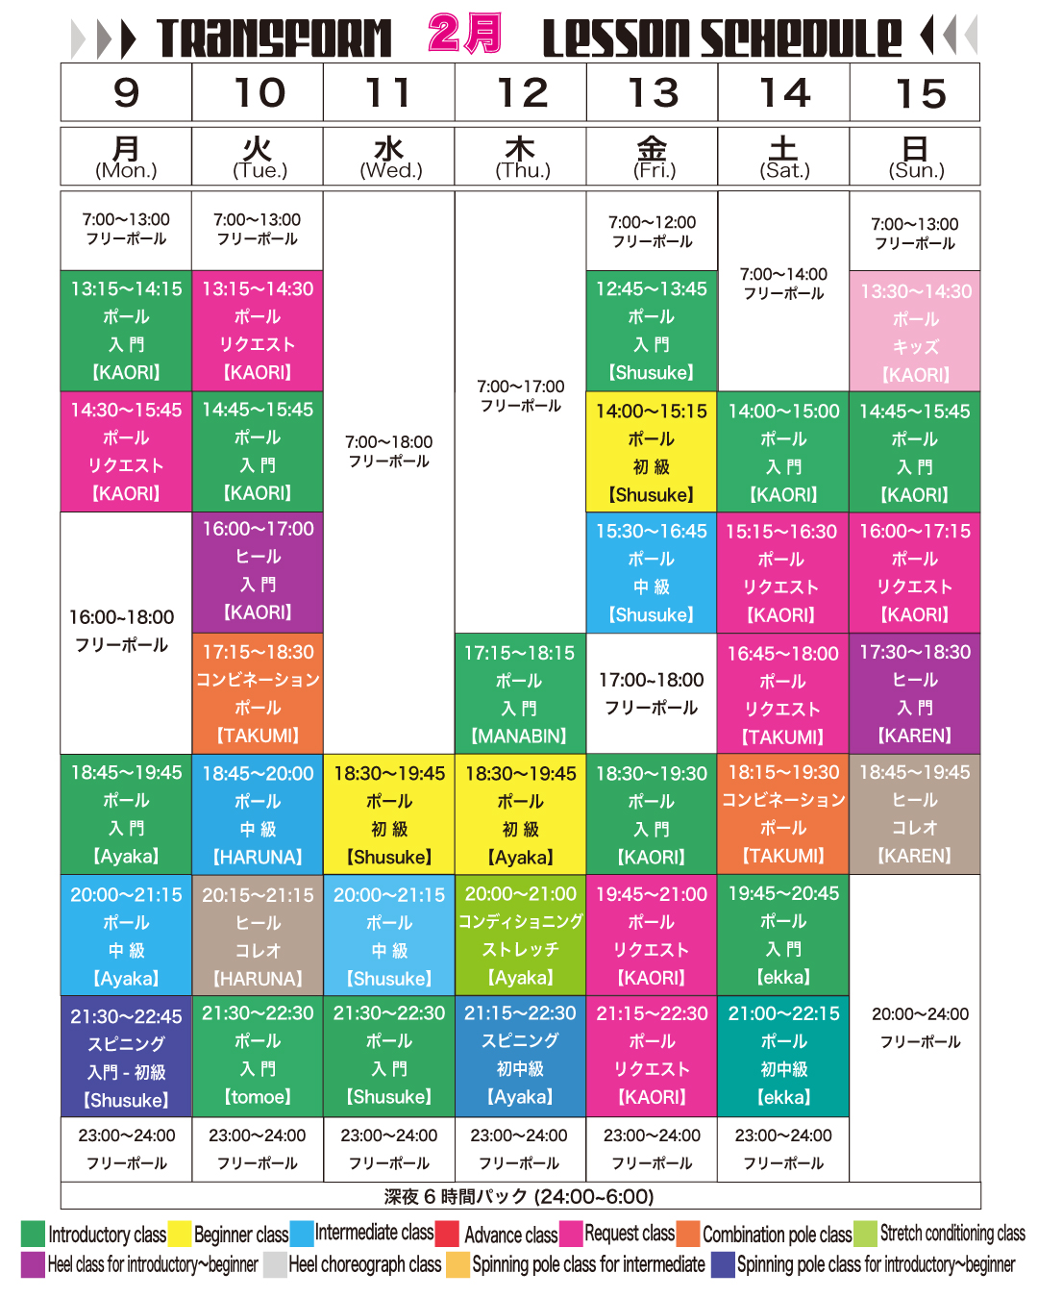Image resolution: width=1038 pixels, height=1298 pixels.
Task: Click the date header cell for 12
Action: tap(520, 93)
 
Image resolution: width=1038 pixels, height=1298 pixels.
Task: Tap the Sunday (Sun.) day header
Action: tap(915, 157)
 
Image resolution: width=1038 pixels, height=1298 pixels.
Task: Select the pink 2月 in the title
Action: tap(465, 34)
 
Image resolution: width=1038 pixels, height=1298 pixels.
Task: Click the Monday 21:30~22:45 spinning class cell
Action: tap(126, 1057)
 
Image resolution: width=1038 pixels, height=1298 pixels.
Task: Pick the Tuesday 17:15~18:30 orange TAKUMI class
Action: tap(258, 693)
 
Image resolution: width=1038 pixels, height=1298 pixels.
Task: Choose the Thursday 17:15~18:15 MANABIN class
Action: tap(520, 694)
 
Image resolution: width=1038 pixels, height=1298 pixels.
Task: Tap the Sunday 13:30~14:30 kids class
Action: tap(915, 332)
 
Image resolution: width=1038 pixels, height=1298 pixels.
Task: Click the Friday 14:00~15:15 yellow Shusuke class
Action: tap(652, 452)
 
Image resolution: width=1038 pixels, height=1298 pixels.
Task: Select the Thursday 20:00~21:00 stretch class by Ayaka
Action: tap(520, 936)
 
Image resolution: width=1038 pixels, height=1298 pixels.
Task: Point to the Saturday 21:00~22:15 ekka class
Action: tap(783, 1055)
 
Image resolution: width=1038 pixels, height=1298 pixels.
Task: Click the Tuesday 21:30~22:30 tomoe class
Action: tap(258, 1055)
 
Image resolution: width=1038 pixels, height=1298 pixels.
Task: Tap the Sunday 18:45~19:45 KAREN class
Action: tap(915, 813)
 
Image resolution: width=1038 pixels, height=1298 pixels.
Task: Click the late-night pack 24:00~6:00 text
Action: tap(519, 1196)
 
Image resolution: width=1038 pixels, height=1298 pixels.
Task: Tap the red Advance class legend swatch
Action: tap(448, 1234)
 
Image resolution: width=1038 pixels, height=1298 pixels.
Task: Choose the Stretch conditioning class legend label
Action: tap(951, 1234)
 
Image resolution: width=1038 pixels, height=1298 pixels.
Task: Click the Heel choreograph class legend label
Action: tap(364, 1264)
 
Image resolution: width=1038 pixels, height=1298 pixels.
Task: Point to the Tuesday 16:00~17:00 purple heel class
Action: tap(258, 571)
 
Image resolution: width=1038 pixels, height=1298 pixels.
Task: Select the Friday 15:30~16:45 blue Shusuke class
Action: tap(652, 572)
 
